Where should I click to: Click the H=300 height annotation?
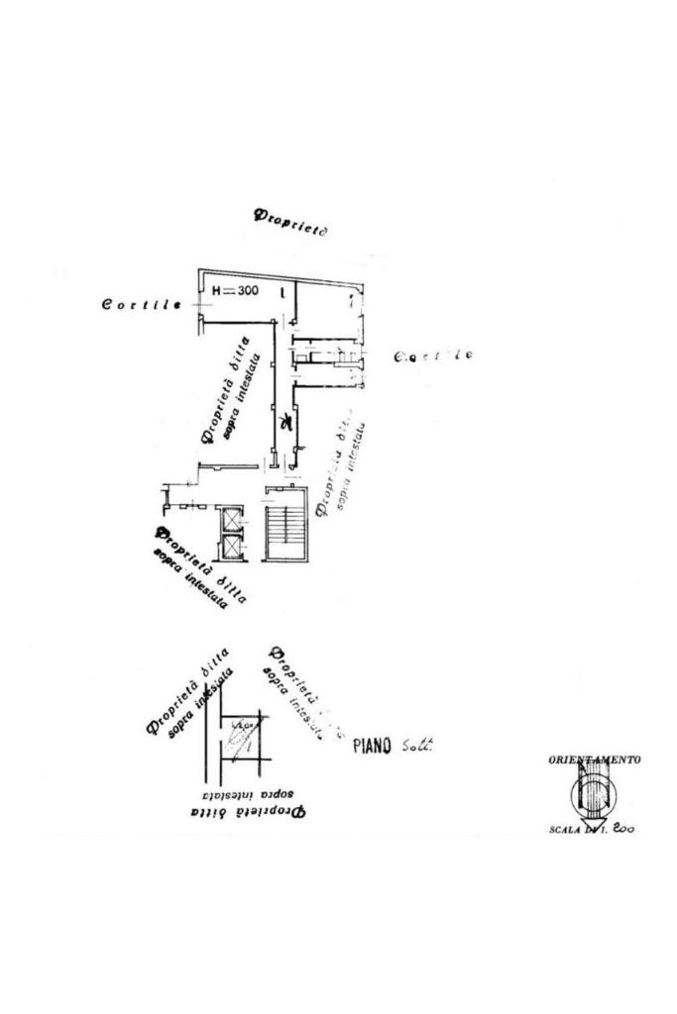[235, 291]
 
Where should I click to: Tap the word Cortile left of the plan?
[141, 304]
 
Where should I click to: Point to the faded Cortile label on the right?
[433, 355]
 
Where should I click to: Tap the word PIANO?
[373, 746]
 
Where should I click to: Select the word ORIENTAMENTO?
[594, 760]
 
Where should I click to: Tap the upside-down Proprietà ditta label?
[247, 812]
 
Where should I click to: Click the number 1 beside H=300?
[282, 292]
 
